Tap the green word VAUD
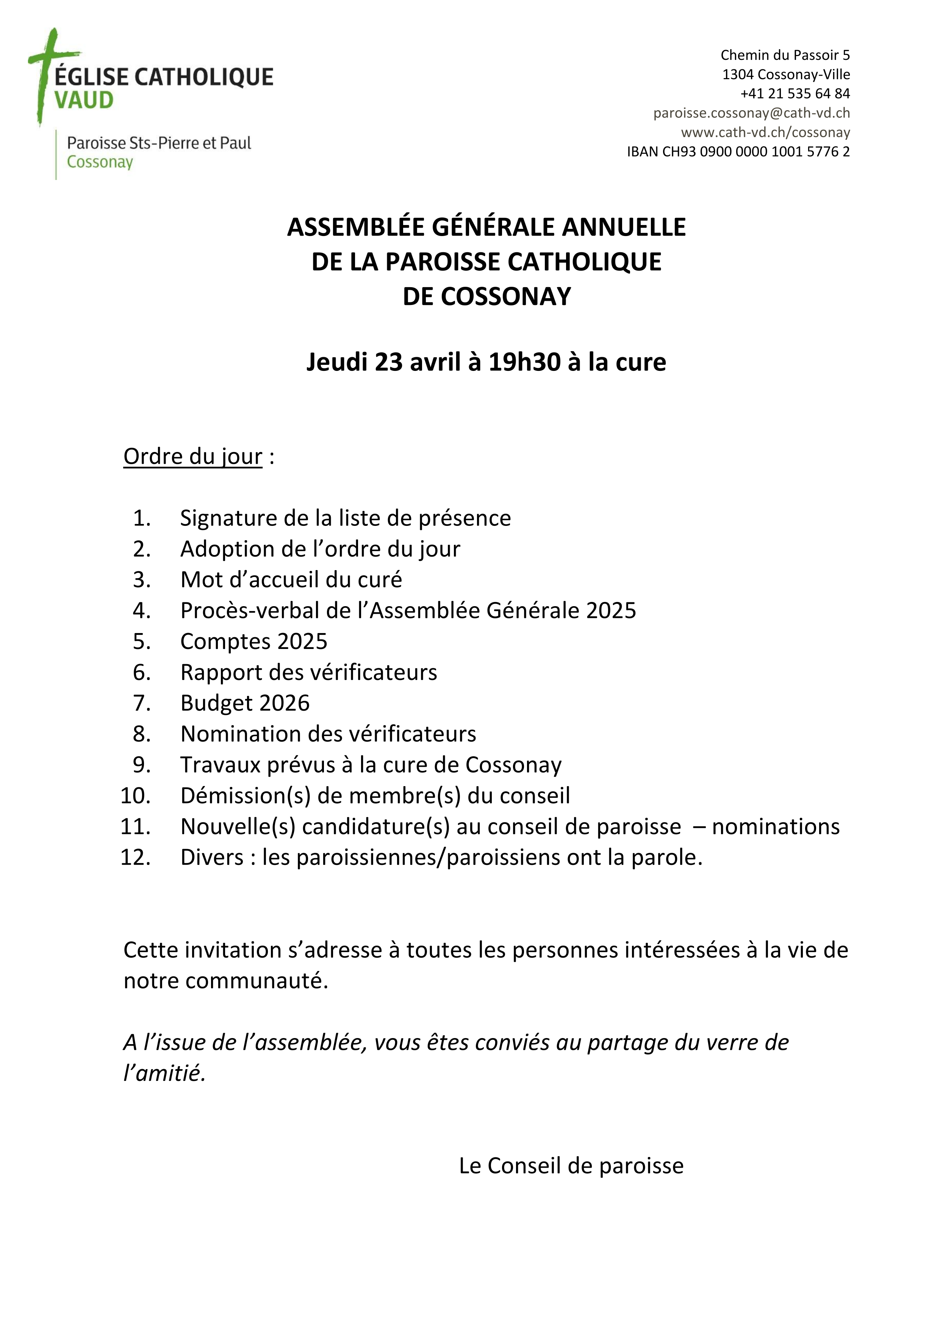[x=84, y=101]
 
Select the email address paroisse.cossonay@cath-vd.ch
[x=751, y=113]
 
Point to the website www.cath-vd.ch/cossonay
[x=765, y=133]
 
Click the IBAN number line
[x=738, y=152]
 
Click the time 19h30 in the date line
[x=524, y=362]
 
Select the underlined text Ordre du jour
[x=193, y=457]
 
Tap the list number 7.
[x=141, y=703]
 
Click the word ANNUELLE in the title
[x=624, y=227]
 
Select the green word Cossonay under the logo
[x=100, y=162]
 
